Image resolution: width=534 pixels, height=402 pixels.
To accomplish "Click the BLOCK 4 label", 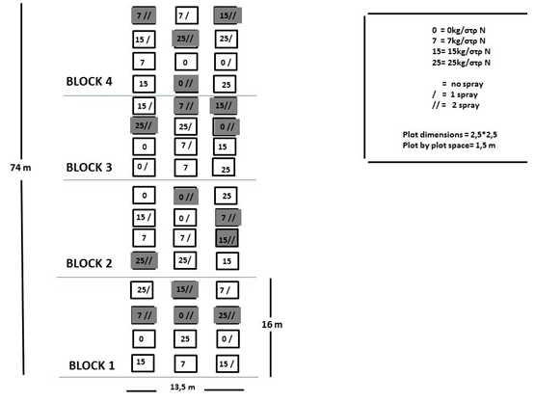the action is [89, 82].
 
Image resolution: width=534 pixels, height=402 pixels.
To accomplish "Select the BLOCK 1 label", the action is [92, 365].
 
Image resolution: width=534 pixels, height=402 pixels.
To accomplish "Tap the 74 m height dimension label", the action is [20, 168].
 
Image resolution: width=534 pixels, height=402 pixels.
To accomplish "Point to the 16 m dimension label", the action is [272, 324].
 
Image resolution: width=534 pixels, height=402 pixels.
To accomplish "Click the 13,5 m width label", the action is [182, 387].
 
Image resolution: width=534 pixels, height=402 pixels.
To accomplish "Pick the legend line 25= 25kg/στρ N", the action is [461, 63].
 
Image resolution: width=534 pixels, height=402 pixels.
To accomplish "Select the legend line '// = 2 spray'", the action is [456, 105].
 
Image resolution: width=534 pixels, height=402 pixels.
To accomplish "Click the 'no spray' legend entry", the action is [463, 84].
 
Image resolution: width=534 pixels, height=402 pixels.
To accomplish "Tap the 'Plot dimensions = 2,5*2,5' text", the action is [449, 135].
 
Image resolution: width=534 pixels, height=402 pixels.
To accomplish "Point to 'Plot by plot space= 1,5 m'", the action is [449, 146].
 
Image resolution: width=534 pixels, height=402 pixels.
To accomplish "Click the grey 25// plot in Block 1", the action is [227, 315].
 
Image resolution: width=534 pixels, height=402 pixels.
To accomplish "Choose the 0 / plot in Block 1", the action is [227, 339].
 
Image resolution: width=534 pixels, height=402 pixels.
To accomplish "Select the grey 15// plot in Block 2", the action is [227, 238].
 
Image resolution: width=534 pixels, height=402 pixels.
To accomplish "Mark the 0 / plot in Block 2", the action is [185, 218].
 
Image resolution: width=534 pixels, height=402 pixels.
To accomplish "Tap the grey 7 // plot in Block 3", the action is [186, 106].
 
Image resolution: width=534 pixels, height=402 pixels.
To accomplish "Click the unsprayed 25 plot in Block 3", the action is [224, 168].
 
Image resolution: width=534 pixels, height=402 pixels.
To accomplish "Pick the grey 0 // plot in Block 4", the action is [186, 84].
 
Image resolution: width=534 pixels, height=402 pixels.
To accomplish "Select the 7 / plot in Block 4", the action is [187, 15].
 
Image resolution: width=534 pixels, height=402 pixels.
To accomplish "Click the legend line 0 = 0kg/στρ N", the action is [459, 30].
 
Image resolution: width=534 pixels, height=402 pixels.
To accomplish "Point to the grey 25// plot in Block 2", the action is [144, 260].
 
